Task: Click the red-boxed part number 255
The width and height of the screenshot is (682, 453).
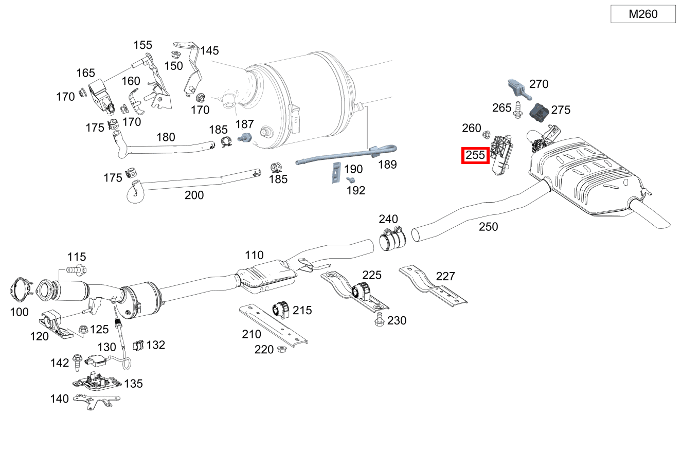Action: point(475,155)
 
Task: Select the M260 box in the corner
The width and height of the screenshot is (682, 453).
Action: point(643,14)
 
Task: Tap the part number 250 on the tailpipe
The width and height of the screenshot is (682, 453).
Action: point(488,226)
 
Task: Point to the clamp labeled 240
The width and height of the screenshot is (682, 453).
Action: point(393,239)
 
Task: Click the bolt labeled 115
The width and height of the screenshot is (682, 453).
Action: point(76,269)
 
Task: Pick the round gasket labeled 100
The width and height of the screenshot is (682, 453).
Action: point(20,291)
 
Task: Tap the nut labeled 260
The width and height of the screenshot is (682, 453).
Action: point(485,135)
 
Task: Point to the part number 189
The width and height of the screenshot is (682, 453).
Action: point(387,164)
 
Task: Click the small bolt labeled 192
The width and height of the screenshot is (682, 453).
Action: point(351,180)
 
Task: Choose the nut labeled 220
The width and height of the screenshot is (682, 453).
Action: point(281,350)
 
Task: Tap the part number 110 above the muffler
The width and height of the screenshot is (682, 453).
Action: point(254,255)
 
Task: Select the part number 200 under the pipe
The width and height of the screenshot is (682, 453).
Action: point(194,195)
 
